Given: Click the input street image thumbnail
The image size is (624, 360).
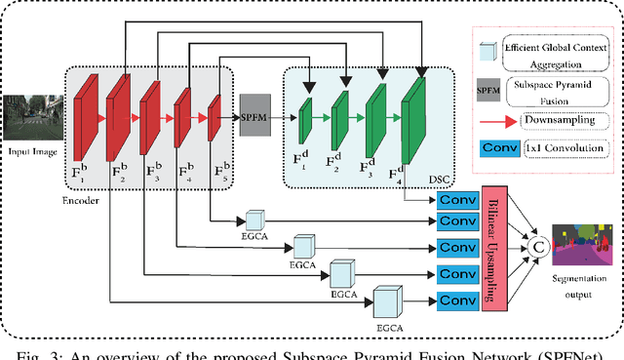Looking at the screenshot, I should tap(29, 118).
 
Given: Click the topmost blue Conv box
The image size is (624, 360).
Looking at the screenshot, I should tap(455, 200).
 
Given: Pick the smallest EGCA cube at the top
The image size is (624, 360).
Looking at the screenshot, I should tap(256, 220).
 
